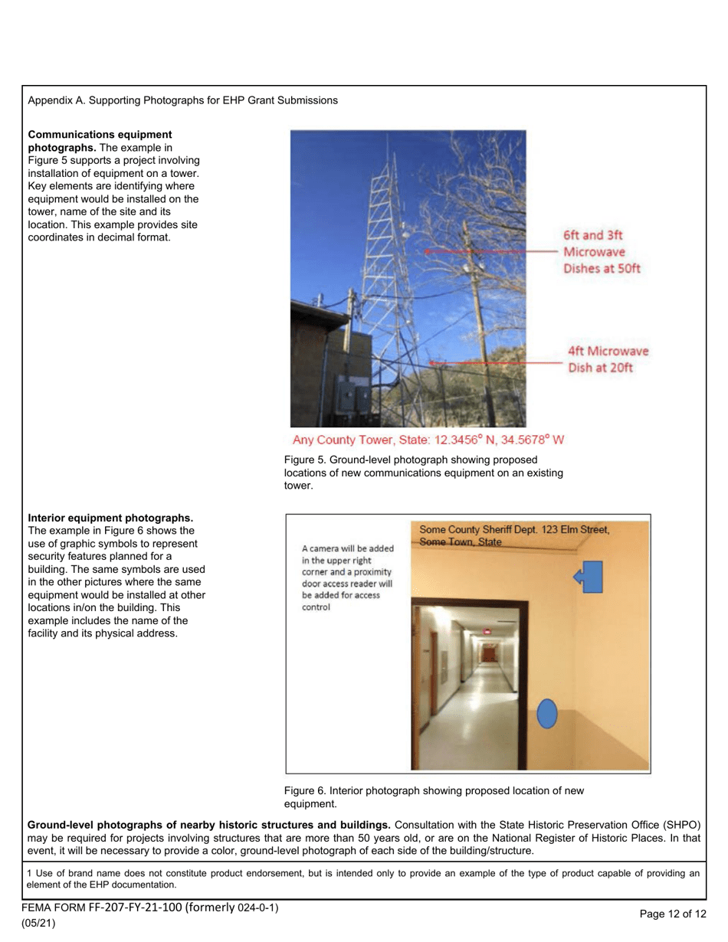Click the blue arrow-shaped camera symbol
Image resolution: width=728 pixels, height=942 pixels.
coord(590,577)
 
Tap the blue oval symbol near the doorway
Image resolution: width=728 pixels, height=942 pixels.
coord(546,714)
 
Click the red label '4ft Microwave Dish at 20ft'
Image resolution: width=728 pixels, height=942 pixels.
coord(607,359)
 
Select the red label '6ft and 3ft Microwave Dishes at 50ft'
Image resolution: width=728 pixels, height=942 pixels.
coord(602,252)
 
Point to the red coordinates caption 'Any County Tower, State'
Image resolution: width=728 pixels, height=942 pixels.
coord(428,440)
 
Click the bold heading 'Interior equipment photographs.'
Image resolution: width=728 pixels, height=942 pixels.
coord(110,518)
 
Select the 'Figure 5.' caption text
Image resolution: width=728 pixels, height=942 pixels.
coord(306,460)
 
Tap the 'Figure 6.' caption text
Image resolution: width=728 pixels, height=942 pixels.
coord(306,790)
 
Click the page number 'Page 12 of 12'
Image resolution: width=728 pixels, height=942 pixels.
coord(672,913)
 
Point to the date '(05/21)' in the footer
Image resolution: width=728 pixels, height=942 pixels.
coord(38,923)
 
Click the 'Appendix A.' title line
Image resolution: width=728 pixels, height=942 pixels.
coord(182,100)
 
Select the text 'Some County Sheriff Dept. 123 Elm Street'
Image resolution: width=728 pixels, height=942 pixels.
coord(514,529)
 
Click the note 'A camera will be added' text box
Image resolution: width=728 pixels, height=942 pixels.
coord(348,578)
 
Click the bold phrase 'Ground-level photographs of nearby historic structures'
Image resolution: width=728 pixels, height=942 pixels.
coord(209,825)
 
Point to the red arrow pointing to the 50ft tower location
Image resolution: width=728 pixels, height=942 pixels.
coord(490,251)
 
